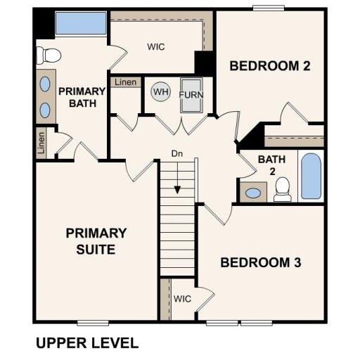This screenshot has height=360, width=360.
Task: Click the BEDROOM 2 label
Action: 271,67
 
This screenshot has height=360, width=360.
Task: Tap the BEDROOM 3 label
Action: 261,263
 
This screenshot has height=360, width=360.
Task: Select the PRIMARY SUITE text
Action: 96,240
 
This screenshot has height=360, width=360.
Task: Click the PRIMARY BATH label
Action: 82,98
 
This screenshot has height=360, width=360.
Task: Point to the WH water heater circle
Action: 161,92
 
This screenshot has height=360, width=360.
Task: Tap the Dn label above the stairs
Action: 178,153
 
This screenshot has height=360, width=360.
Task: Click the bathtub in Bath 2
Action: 311,176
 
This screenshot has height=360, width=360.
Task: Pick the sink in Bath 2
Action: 252,192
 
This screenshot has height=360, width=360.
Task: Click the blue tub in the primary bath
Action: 80,24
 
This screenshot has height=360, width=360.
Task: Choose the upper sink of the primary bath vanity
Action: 45,84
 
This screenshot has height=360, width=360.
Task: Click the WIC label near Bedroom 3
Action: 183,299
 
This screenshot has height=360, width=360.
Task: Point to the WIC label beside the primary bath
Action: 156,47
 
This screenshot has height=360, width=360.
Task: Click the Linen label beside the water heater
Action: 125,82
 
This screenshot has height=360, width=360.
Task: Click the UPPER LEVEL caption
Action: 86,343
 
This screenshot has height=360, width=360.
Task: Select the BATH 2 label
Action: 271,165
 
